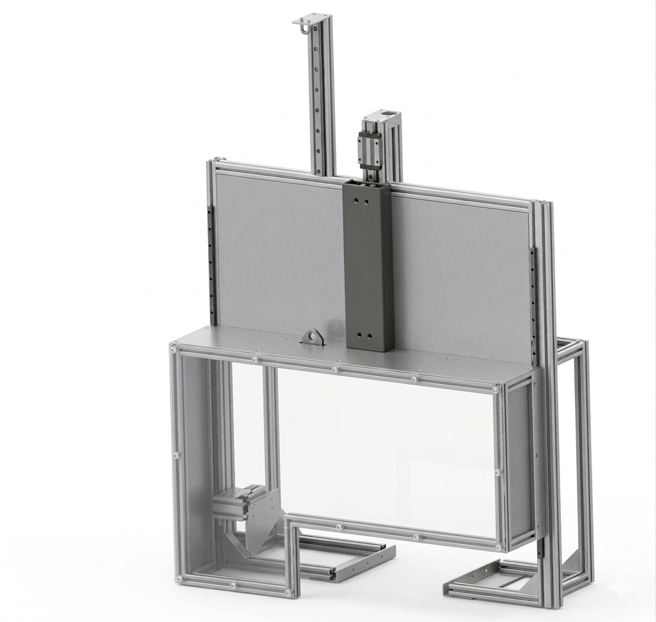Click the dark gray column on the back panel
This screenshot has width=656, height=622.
[369, 265]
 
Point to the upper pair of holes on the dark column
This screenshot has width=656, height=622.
[361, 201]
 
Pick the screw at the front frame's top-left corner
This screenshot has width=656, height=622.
[174, 350]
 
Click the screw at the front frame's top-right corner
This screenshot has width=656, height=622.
[495, 389]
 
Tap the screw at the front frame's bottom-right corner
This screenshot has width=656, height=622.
[498, 547]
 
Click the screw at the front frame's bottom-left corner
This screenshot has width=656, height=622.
[179, 579]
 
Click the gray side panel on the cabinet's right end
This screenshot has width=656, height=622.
[519, 463]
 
